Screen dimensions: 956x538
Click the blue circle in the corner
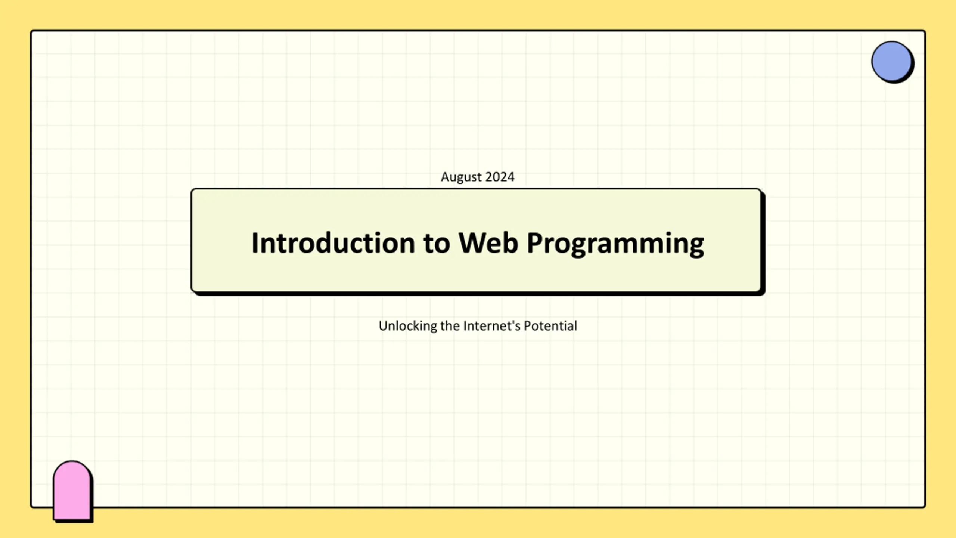(891, 61)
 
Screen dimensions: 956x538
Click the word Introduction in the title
(333, 243)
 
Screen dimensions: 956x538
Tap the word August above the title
(461, 177)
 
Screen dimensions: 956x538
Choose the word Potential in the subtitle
(550, 326)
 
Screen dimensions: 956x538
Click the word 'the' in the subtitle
(450, 326)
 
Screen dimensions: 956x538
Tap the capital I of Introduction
(255, 243)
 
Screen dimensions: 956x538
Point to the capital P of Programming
(535, 243)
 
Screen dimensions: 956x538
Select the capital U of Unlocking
(383, 326)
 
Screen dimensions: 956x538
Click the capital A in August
(445, 177)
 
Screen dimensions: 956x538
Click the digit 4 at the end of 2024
(510, 177)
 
